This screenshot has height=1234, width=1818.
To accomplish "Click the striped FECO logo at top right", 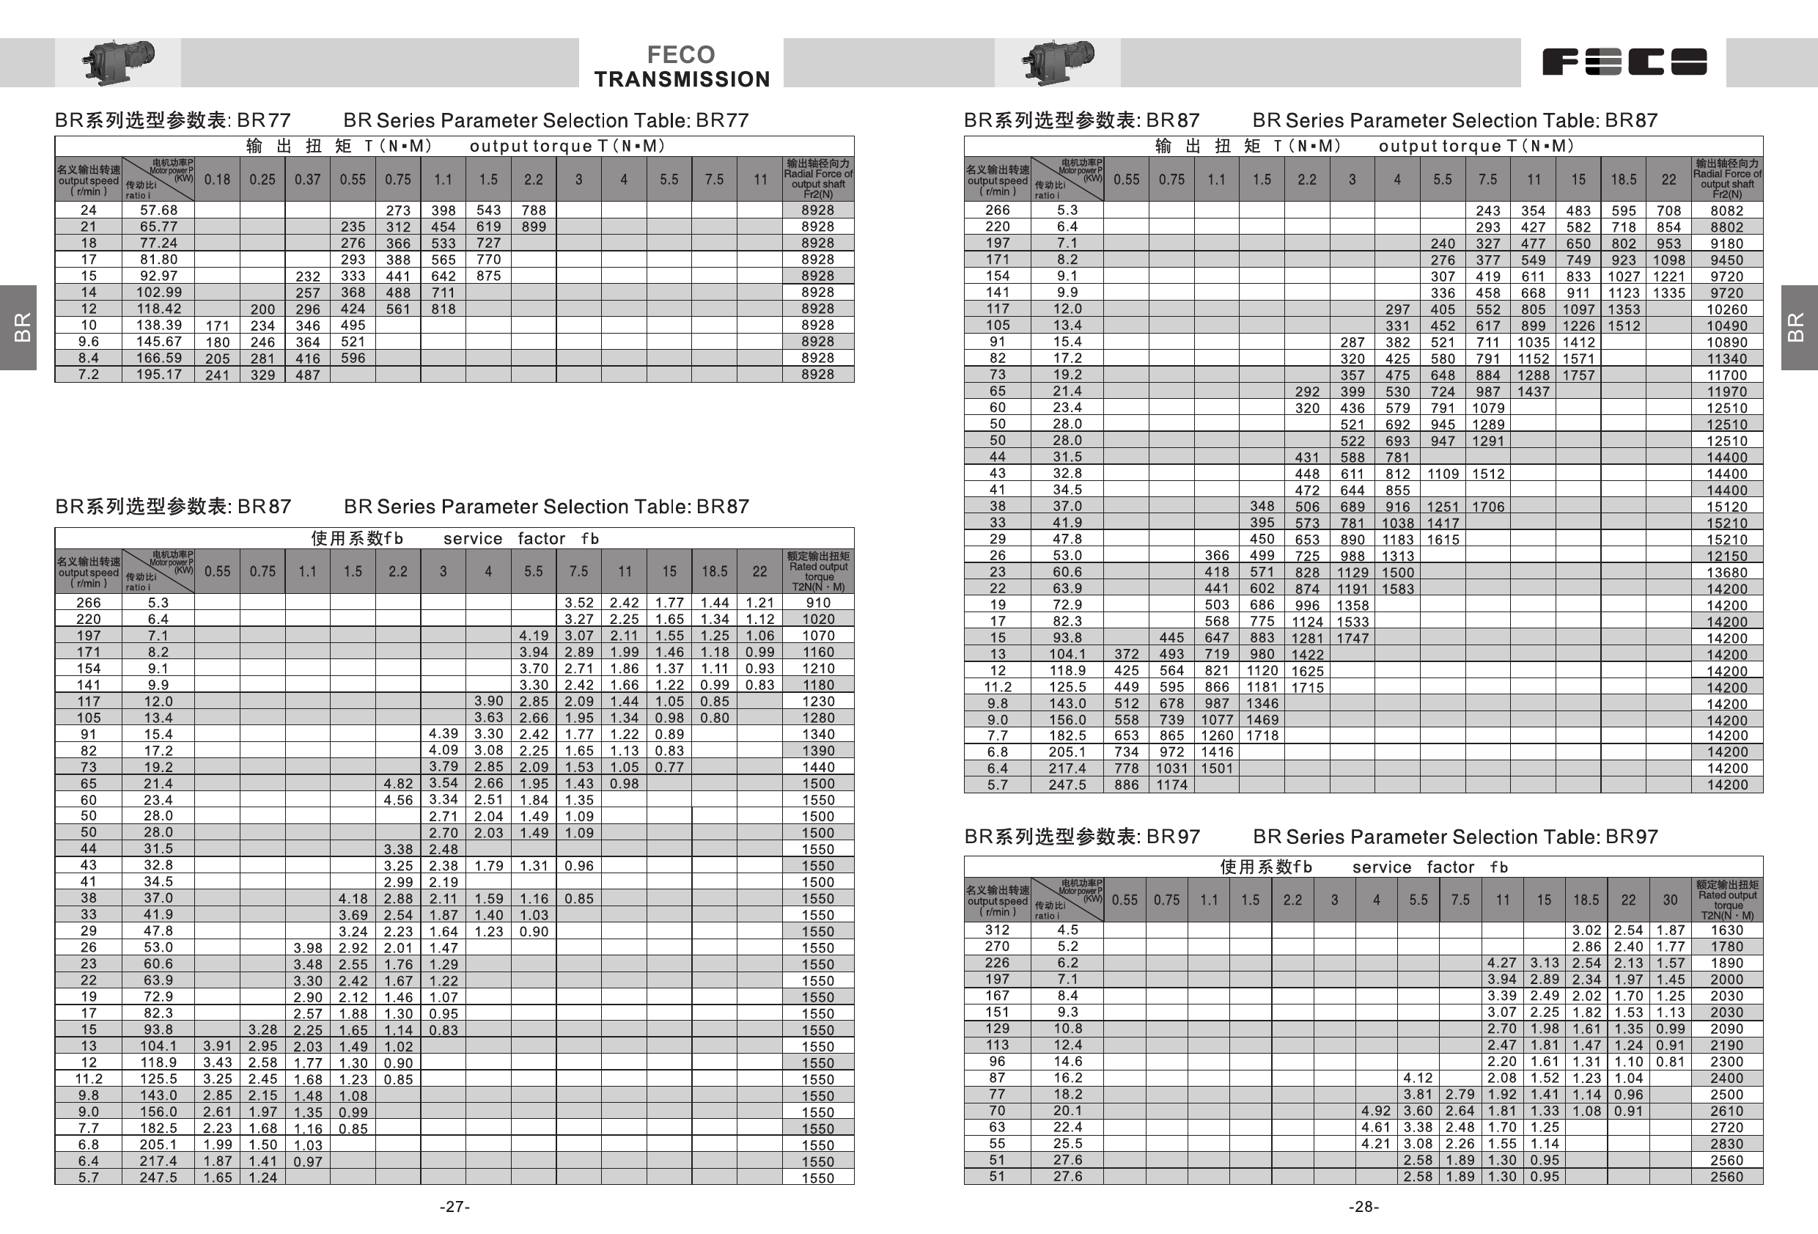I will coord(1624,62).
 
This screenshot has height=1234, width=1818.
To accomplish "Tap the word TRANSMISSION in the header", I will coord(681,79).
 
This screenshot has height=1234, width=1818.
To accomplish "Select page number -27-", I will coord(454,1207).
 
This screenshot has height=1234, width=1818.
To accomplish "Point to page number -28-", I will coord(1363,1207).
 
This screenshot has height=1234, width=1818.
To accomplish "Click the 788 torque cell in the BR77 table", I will coord(534,210).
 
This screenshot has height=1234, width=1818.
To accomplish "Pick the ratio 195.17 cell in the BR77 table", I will coord(159,375).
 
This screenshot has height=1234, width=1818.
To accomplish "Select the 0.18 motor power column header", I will coord(218,179).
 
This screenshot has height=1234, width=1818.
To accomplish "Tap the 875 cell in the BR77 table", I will coord(488,276).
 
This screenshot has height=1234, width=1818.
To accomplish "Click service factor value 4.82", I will coord(398,783).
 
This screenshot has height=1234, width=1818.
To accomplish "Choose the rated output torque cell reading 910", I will coord(817,603).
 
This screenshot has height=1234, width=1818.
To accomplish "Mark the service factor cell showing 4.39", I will coord(443,734).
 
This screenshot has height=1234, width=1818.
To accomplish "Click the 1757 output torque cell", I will coord(1578,375).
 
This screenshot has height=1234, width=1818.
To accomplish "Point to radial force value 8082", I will coord(1726,210).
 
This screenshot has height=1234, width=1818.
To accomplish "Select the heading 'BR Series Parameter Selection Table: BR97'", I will coord(1455,837).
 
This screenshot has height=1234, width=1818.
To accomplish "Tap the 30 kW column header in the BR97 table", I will coord(1669,900).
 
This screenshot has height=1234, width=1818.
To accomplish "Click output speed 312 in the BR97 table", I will coord(997,930).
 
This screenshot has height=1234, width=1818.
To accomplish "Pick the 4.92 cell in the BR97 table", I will coord(1376,1110).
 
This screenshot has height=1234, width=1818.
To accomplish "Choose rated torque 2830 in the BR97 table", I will coord(1726,1143).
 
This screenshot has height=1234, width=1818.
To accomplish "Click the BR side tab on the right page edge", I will coord(1797,327).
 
